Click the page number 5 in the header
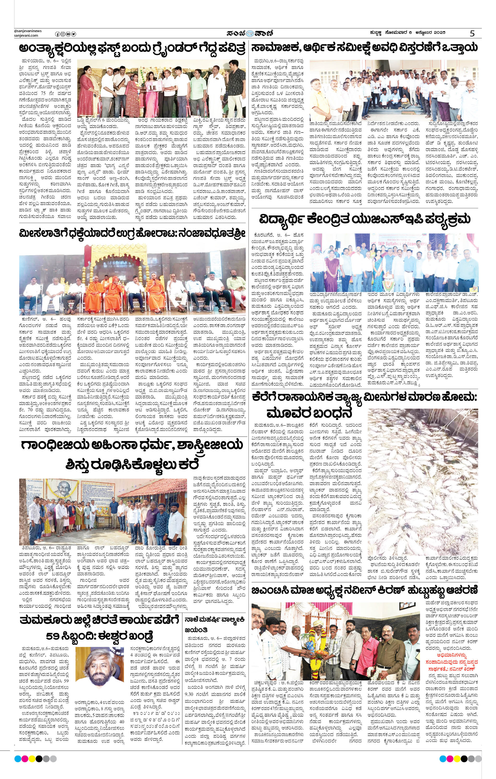click(x=472, y=33)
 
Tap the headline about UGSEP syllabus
click(x=365, y=220)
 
